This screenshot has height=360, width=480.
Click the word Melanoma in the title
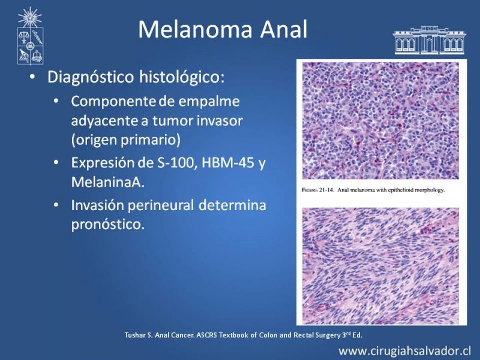[x=196, y=29]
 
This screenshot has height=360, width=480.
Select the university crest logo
[x=30, y=36]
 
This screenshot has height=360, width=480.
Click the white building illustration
[x=430, y=40]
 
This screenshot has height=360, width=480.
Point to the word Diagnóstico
[x=91, y=77]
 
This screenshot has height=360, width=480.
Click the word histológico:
[x=182, y=77]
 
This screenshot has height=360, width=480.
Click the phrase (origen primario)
[x=126, y=140]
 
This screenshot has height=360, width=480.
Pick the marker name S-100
[x=176, y=163]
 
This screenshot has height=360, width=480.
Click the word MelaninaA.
[x=108, y=182]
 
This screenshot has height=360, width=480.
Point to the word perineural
[x=160, y=205]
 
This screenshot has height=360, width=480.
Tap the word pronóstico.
[x=108, y=224]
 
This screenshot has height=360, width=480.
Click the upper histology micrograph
[x=380, y=121]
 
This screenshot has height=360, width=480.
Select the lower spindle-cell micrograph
[x=380, y=265]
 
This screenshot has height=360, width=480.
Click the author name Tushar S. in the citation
[x=139, y=335]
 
